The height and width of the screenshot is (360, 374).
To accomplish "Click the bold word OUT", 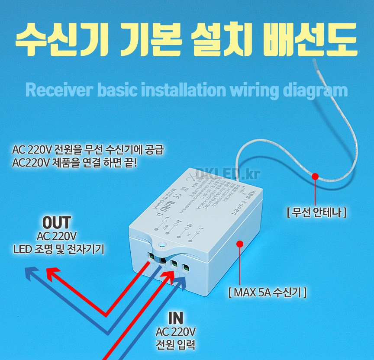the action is point(57,223).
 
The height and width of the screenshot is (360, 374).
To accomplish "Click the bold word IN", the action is point(176,318).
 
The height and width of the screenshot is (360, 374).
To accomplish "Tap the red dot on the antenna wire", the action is point(315,177).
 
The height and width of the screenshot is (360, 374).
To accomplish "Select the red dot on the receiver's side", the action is point(239,244).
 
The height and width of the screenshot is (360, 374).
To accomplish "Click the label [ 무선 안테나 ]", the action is point(316,212).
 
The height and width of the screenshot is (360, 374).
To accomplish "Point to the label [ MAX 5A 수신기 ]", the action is point(267,292).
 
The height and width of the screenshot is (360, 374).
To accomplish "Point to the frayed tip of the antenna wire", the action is point(315,62).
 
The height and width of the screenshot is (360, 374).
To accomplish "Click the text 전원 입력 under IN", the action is point(176,346).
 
